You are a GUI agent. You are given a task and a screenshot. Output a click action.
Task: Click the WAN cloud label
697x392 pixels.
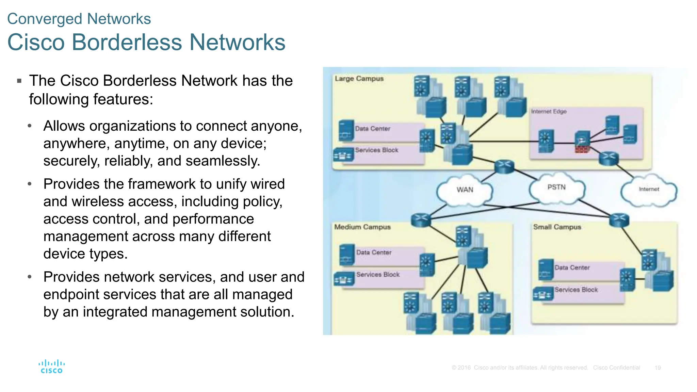[x=465, y=190]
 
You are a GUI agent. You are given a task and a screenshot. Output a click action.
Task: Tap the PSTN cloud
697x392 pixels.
[x=556, y=187]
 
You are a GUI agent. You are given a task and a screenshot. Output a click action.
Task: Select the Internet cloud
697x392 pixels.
[x=649, y=190]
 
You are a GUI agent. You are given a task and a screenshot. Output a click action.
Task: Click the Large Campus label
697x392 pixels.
[x=359, y=79]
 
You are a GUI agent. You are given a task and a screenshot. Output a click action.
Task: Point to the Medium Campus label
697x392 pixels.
[x=362, y=227]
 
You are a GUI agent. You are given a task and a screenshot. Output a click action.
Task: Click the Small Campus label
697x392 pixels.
[x=557, y=227]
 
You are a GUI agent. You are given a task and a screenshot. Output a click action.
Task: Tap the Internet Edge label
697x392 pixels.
[x=549, y=112]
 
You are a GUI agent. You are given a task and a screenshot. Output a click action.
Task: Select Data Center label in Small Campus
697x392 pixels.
[x=572, y=268]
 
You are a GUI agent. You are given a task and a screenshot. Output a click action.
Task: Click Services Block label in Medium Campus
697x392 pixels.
[x=378, y=275]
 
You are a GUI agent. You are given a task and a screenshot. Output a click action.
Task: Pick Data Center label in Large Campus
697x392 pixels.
[x=373, y=129]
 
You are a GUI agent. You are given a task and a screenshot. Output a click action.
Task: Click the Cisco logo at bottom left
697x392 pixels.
[x=51, y=367]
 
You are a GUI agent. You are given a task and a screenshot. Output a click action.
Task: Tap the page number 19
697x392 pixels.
[x=658, y=368]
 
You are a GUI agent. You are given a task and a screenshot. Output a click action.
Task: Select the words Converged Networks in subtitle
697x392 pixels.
[x=79, y=19]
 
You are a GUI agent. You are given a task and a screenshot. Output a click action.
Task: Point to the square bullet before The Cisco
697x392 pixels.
[x=19, y=81]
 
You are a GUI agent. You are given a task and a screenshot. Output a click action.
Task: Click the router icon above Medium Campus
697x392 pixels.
[x=421, y=220]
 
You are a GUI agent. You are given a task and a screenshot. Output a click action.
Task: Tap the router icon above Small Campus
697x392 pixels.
[x=619, y=220]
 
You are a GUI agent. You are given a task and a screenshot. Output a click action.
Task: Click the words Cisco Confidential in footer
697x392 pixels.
[x=616, y=368]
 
